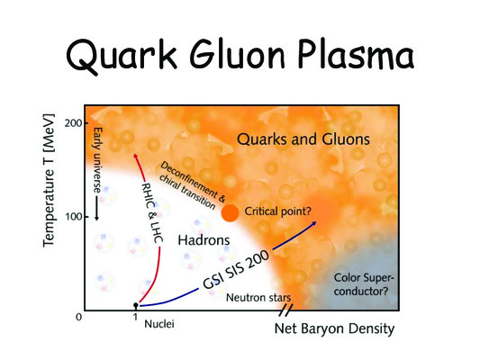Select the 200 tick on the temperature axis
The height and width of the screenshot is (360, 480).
[74, 123]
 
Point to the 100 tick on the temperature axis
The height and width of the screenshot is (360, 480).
[74, 217]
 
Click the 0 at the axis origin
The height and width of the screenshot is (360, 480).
[79, 317]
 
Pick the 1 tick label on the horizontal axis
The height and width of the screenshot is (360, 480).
[135, 317]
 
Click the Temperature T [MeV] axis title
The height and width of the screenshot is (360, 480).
[49, 181]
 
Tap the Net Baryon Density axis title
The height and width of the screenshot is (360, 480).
[334, 328]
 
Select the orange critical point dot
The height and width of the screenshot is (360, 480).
[230, 212]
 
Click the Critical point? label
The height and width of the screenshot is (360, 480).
[277, 211]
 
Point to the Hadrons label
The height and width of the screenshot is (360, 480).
[204, 240]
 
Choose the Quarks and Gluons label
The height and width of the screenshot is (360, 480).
[303, 139]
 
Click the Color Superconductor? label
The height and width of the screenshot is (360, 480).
[363, 284]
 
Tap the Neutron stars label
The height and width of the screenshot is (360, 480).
[258, 297]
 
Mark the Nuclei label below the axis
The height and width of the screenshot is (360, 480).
[159, 324]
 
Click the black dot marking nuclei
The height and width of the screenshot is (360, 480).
[136, 305]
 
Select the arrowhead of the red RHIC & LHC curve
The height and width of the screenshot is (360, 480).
[135, 157]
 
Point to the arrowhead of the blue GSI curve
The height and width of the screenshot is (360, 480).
[313, 224]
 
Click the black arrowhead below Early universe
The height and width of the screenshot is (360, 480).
[96, 218]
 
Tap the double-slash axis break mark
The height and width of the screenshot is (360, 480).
[285, 310]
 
